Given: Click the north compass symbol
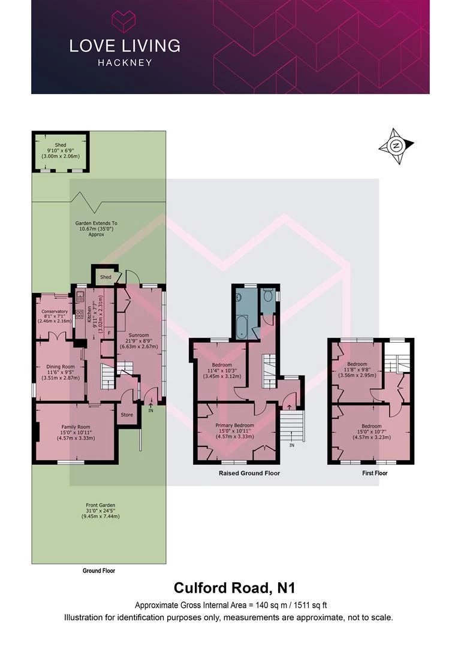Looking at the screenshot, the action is [396, 146].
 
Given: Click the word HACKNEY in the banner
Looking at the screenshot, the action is [125, 63].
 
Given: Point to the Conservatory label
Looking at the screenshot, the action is [55, 312].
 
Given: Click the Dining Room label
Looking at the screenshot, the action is [61, 367].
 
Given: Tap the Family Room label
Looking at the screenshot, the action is [76, 427].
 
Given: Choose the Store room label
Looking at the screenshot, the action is [126, 415].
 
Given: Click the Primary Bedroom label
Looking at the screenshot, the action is [234, 425].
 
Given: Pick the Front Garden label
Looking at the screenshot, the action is [100, 505].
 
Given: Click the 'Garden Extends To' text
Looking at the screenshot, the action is [97, 223].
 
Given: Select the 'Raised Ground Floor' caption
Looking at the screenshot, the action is [249, 473].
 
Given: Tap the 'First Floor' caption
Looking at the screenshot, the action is [375, 473].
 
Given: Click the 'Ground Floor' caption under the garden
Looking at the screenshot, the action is [99, 571].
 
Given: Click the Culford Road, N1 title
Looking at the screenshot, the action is [234, 588].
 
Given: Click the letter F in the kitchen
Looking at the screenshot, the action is [109, 332].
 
